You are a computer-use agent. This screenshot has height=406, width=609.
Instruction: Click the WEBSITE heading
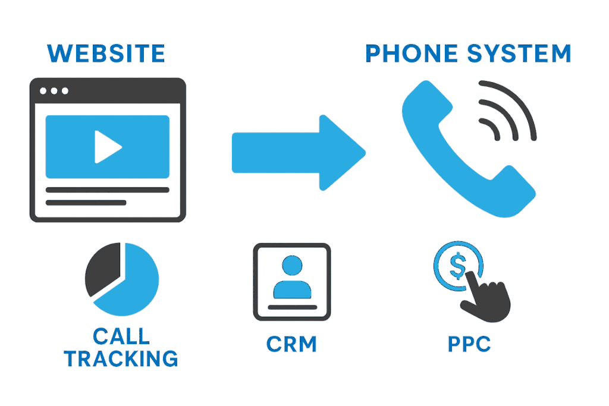point(106,53)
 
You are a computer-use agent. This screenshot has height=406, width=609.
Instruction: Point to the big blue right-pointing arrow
point(297,153)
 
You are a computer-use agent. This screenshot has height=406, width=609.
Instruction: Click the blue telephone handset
point(458,149)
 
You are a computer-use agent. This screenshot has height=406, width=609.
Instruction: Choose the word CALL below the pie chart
point(121,337)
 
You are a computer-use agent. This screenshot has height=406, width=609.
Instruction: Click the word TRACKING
point(121,358)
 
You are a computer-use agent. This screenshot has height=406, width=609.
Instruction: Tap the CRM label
point(291,344)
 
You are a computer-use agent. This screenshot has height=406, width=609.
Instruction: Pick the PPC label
point(469,344)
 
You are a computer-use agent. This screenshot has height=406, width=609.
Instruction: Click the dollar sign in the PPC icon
point(457,266)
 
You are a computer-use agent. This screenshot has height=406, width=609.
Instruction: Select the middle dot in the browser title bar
point(54,91)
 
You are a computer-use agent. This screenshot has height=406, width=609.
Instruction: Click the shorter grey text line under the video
point(86,203)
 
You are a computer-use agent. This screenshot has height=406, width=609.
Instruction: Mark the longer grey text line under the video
point(107,190)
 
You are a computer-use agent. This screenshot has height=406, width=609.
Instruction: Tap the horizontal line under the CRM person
point(292,307)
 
